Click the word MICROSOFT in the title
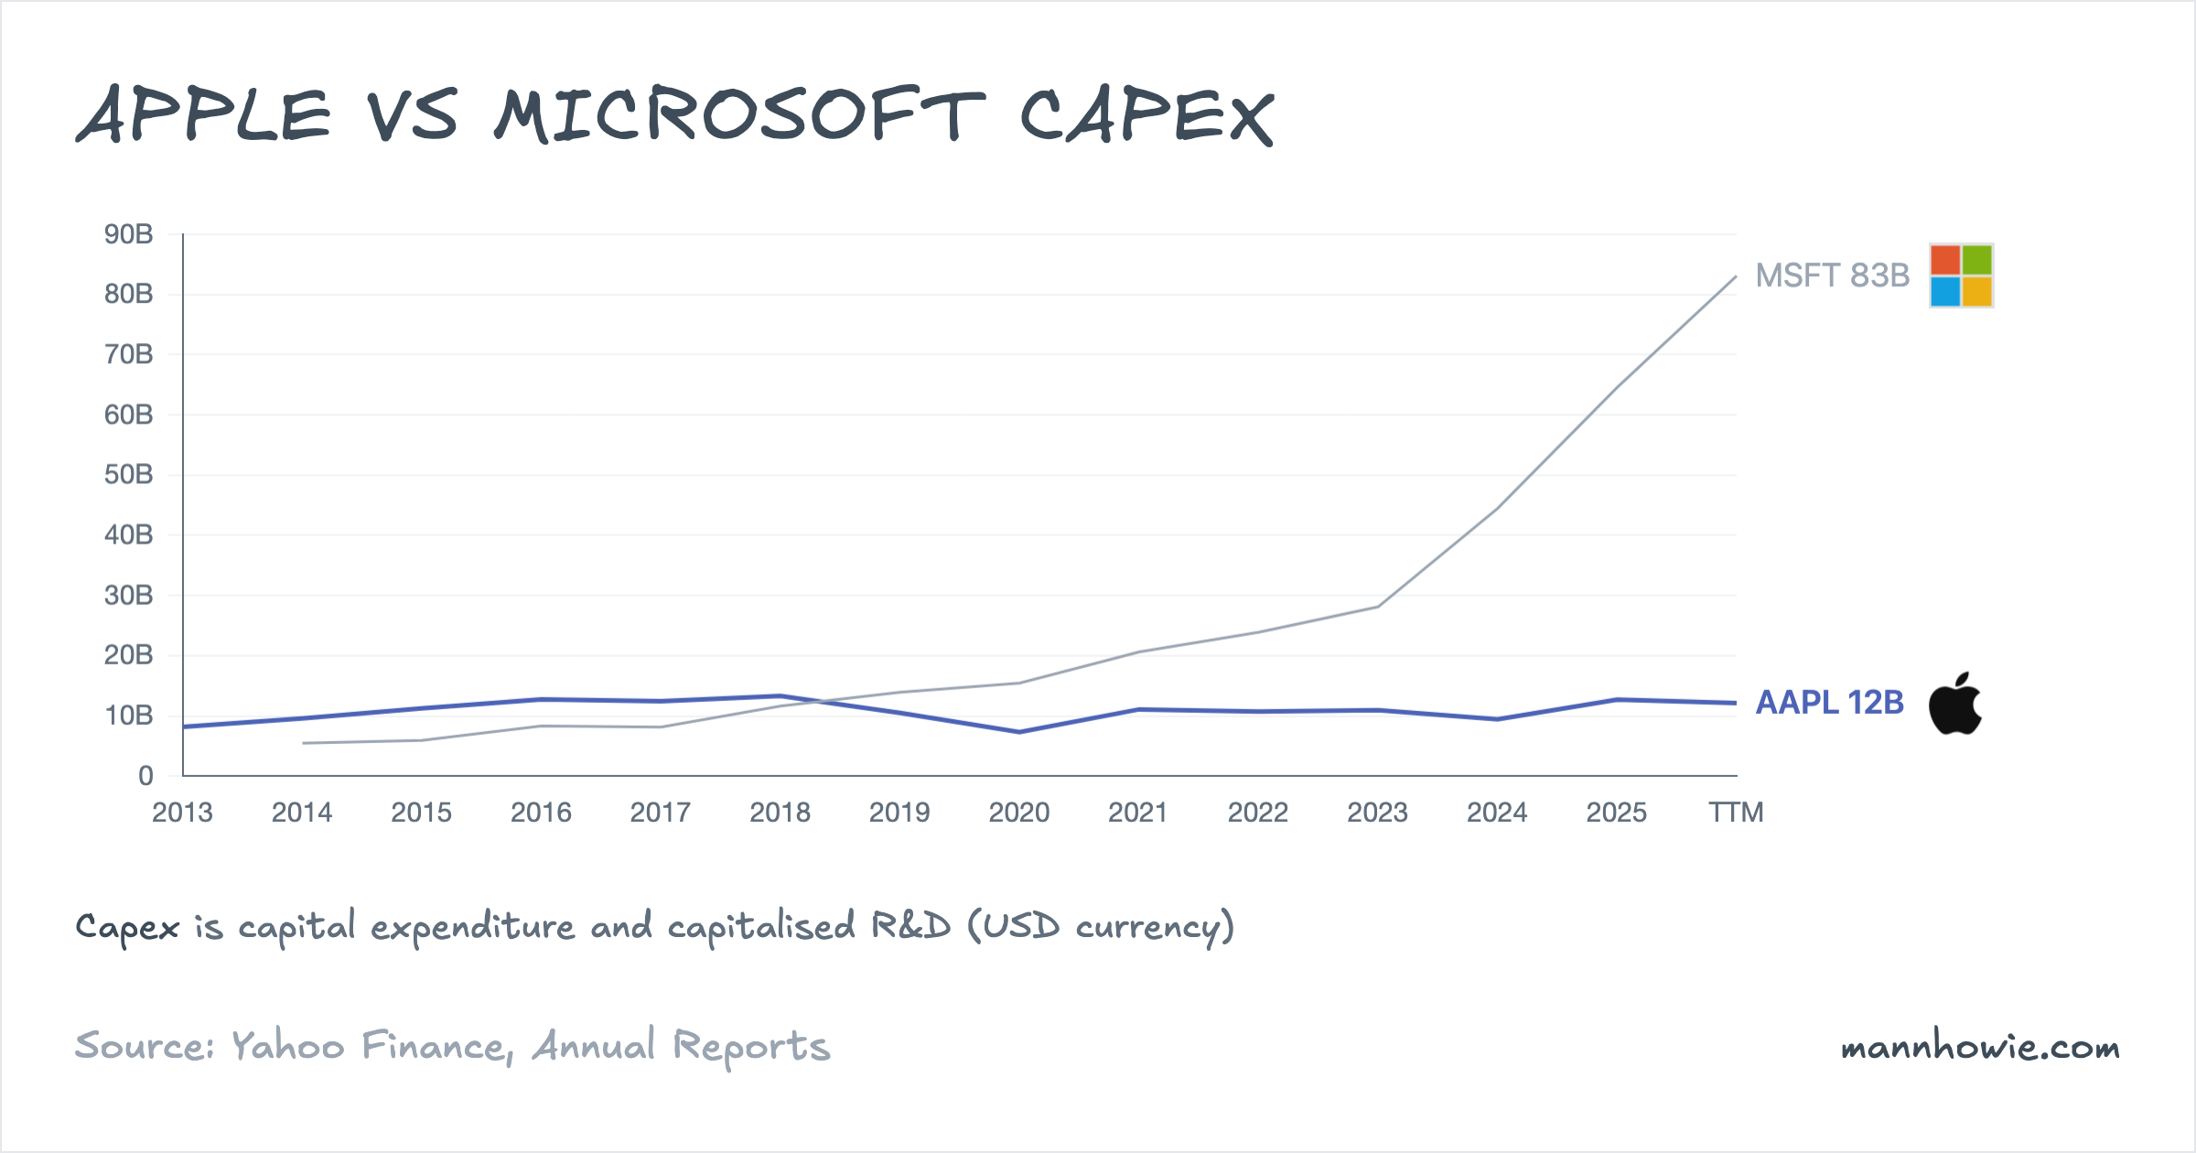tap(739, 116)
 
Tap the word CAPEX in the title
tap(1146, 116)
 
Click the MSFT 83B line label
tap(1832, 275)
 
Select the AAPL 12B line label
tap(1829, 703)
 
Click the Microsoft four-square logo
tap(1961, 275)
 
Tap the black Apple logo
tap(1954, 704)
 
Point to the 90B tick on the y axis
tap(128, 234)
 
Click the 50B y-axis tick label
tap(128, 475)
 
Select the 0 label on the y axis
tap(145, 776)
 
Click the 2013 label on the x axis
tap(182, 813)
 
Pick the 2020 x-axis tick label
tap(1018, 813)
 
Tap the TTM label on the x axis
tap(1736, 813)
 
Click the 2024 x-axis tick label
tap(1497, 813)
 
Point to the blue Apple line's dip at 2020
tap(1019, 732)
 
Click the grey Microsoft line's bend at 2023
tap(1378, 607)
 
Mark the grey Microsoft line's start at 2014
tap(304, 743)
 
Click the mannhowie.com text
tap(1980, 1047)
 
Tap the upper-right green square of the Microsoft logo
tap(1976, 260)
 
